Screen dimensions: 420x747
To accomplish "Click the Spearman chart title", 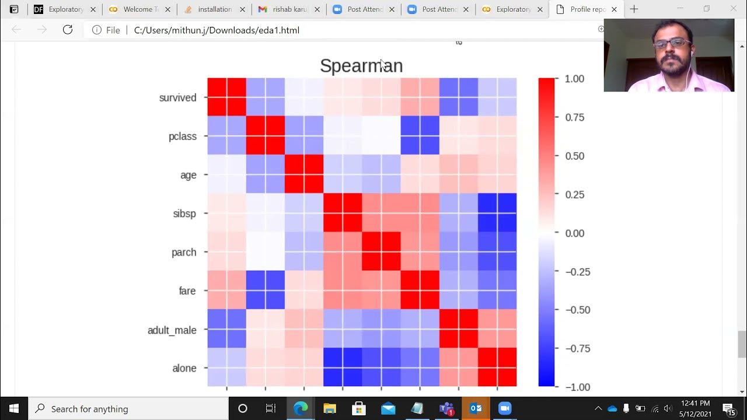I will (x=361, y=66).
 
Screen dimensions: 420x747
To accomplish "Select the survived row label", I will (x=177, y=97).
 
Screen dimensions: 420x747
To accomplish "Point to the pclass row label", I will (x=182, y=136).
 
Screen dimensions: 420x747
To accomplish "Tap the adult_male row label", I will (x=172, y=330).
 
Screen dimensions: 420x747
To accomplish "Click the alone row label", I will (x=184, y=368).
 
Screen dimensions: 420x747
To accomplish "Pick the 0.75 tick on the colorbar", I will (x=574, y=117).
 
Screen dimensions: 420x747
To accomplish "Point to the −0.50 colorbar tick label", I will (x=577, y=310).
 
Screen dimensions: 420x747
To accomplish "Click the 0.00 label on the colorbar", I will (x=574, y=233).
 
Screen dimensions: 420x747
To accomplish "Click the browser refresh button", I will (x=68, y=30).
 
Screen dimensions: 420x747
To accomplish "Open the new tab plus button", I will (x=634, y=9).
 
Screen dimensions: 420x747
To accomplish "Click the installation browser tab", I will (x=214, y=9).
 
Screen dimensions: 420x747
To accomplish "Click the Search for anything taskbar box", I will (x=128, y=409).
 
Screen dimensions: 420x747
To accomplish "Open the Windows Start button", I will (x=14, y=408).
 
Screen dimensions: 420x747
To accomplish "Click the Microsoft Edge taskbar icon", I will (x=301, y=408).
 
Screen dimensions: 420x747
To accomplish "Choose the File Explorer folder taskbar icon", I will (x=330, y=408).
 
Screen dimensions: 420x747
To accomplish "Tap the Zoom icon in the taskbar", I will (x=505, y=408).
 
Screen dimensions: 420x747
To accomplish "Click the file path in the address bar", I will (x=217, y=30).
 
